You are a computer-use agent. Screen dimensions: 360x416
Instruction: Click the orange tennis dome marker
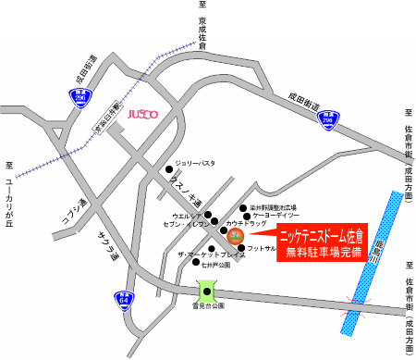click(x=235, y=235)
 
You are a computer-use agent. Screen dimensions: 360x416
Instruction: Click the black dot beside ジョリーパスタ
click(x=169, y=169)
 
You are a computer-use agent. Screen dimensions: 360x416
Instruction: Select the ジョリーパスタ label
click(x=196, y=163)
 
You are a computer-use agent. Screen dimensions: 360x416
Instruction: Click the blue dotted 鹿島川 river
click(x=365, y=278)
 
